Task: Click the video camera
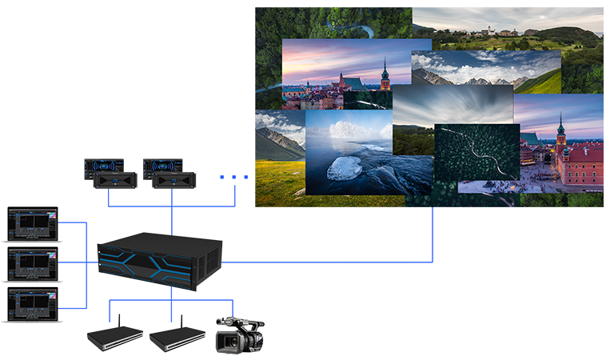point(240,336)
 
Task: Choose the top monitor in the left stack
point(33,223)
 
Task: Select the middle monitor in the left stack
point(33,263)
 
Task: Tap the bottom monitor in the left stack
point(33,303)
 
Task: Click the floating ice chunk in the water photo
point(345,167)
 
